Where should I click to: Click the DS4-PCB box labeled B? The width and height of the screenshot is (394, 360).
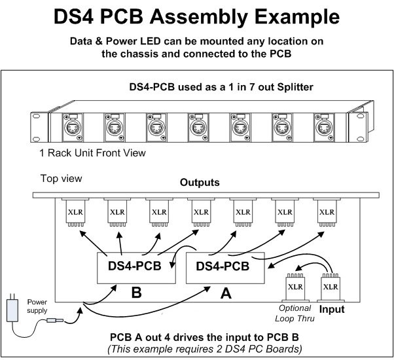pyautogui.click(x=136, y=268)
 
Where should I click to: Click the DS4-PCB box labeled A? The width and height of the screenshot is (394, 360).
pyautogui.click(x=225, y=268)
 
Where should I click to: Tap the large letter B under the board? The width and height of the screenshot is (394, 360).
pyautogui.click(x=136, y=293)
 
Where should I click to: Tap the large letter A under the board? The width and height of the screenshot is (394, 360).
pyautogui.click(x=226, y=293)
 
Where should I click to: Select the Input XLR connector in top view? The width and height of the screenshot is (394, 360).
pyautogui.click(x=331, y=288)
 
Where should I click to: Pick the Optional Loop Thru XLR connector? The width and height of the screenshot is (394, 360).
pyautogui.click(x=295, y=288)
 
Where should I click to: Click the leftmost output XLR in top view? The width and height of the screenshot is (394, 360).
pyautogui.click(x=75, y=212)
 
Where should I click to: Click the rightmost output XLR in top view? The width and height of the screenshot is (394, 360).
pyautogui.click(x=327, y=212)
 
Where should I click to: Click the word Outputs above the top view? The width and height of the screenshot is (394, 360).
pyautogui.click(x=200, y=183)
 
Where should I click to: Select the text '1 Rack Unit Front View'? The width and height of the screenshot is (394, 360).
pyautogui.click(x=92, y=153)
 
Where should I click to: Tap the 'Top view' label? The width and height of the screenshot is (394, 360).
pyautogui.click(x=61, y=179)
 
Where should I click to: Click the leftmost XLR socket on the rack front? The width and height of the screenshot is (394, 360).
pyautogui.click(x=73, y=128)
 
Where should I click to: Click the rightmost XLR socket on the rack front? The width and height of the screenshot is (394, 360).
pyautogui.click(x=324, y=128)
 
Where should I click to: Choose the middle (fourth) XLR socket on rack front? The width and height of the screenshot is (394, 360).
pyautogui.click(x=198, y=128)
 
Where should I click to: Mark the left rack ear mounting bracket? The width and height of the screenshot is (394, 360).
pyautogui.click(x=39, y=128)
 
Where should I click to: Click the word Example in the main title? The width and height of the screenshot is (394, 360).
pyautogui.click(x=297, y=17)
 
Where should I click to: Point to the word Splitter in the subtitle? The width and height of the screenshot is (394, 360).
pyautogui.click(x=295, y=87)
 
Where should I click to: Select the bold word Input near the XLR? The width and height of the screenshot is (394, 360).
pyautogui.click(x=332, y=309)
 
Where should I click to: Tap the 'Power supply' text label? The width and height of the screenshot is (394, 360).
pyautogui.click(x=37, y=306)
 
